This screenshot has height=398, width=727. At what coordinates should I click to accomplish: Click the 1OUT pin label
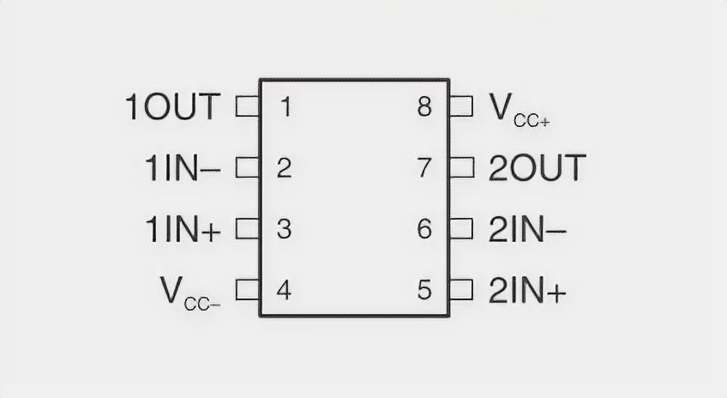click(173, 107)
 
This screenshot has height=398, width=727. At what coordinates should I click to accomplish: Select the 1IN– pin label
click(181, 168)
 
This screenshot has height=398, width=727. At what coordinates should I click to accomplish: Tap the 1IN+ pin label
click(181, 229)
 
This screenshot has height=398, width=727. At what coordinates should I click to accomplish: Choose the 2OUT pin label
click(538, 168)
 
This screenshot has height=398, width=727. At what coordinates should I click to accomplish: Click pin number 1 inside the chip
click(285, 107)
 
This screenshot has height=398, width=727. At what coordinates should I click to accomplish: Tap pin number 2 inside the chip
click(285, 168)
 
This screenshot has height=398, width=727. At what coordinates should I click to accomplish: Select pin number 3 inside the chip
click(285, 229)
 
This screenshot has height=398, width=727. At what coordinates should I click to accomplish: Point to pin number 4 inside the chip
click(285, 290)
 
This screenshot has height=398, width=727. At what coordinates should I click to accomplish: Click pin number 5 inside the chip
click(424, 290)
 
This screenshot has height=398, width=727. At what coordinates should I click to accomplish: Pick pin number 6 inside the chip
click(424, 229)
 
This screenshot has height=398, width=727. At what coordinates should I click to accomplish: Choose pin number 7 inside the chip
click(424, 168)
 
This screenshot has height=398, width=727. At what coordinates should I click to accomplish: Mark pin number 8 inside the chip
click(424, 107)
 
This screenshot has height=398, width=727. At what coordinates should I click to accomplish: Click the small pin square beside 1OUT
click(247, 107)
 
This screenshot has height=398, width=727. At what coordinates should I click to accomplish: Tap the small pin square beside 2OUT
click(461, 168)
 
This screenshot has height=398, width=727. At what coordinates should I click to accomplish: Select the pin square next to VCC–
click(247, 290)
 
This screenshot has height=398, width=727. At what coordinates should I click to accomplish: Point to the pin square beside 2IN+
click(461, 290)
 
